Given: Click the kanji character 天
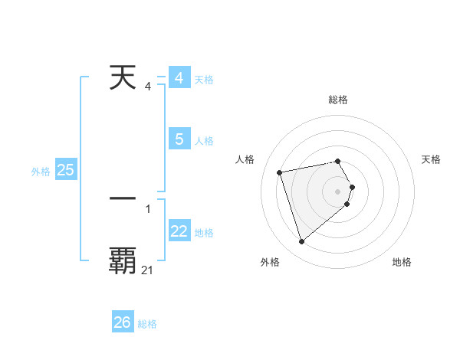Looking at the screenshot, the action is [123, 78].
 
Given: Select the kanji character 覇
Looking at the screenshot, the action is [123, 260].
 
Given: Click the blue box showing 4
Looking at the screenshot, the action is [179, 78].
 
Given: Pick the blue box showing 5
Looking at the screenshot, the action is [179, 139].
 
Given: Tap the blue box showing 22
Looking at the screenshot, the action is [179, 231].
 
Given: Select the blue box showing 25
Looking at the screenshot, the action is [65, 170].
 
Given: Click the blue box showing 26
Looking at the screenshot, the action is [122, 322].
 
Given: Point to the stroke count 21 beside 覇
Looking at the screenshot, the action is [147, 270].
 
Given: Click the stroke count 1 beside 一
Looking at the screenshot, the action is [147, 208].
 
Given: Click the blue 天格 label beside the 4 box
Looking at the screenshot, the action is [204, 80].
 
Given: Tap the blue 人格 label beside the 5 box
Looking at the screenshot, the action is [204, 141].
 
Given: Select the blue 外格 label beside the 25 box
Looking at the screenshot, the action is [41, 172].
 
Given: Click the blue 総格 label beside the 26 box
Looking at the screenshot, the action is [147, 324].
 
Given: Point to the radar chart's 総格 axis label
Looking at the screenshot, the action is [338, 100].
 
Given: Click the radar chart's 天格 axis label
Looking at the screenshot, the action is [432, 159].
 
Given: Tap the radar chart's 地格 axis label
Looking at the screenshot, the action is [402, 262].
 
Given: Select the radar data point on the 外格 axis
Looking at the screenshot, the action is [301, 241].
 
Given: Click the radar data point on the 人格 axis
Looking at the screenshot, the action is [280, 172].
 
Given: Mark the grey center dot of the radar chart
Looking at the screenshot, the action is [337, 191].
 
